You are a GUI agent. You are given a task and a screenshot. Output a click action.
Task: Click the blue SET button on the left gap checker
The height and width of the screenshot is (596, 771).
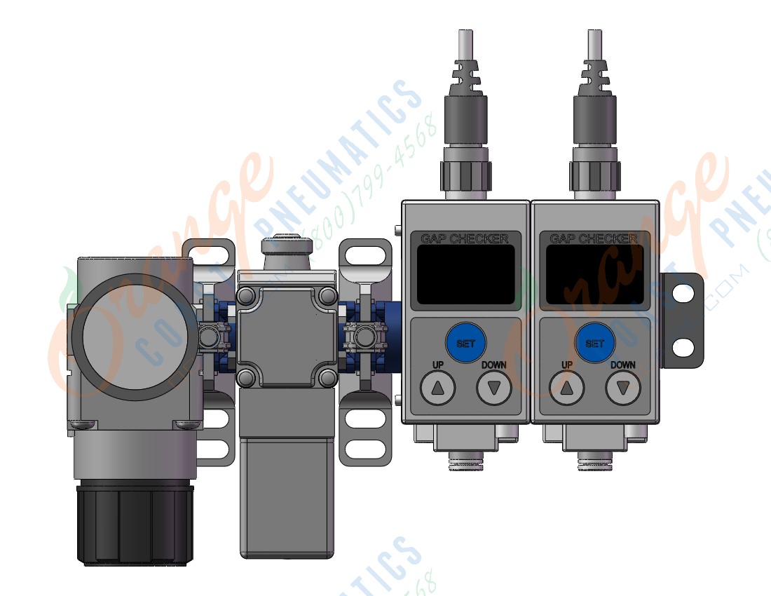pyautogui.click(x=465, y=343)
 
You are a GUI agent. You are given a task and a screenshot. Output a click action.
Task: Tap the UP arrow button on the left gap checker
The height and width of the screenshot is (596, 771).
pyautogui.click(x=438, y=388)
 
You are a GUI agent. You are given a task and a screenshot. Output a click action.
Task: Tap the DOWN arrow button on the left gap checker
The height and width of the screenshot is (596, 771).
pyautogui.click(x=494, y=388)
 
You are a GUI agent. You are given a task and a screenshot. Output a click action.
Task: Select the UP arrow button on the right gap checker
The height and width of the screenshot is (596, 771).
pyautogui.click(x=567, y=388)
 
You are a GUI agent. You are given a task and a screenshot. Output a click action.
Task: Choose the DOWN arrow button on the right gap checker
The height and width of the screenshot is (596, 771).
pyautogui.click(x=623, y=388)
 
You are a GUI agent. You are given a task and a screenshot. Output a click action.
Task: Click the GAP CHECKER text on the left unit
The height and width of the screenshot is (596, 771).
pyautogui.click(x=465, y=238)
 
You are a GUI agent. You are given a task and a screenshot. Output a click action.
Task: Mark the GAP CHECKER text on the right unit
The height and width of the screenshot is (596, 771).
pyautogui.click(x=594, y=238)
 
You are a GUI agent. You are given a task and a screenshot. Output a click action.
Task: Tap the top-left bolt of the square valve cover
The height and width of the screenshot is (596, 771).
pyautogui.click(x=246, y=296)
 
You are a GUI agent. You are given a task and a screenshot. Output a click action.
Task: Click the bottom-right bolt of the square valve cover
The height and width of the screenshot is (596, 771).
pyautogui.click(x=327, y=379)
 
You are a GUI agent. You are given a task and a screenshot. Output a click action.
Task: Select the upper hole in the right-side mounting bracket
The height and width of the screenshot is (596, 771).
pyautogui.click(x=683, y=294)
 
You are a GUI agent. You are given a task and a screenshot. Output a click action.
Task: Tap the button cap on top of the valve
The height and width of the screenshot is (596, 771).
pyautogui.click(x=286, y=245)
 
